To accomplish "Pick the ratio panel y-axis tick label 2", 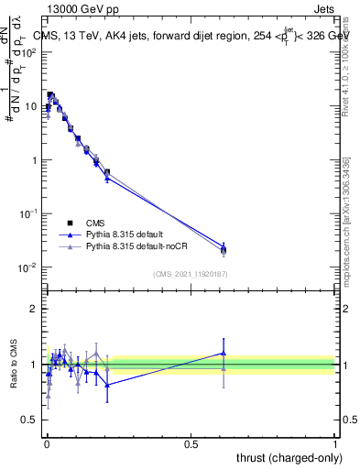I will pos(33,309).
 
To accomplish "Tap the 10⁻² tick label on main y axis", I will pos(27,267).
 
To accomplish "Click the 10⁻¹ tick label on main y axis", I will pos(27,213).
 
